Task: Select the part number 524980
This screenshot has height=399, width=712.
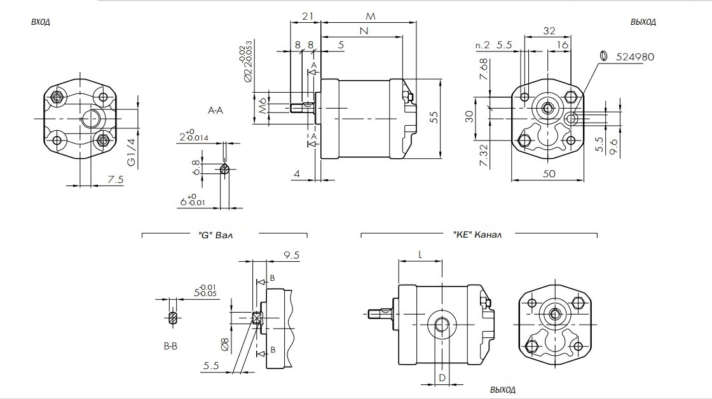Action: [635, 57]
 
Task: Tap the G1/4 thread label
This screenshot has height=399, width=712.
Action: [132, 153]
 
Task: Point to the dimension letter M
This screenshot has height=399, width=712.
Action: [371, 15]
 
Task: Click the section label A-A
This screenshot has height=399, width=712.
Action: [216, 111]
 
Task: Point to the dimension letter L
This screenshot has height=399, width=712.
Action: [420, 254]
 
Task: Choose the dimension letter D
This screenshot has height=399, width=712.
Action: [442, 378]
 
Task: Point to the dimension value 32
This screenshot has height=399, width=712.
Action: [549, 30]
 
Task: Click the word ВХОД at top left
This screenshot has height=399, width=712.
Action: [41, 22]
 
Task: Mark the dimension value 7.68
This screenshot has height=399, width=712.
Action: [484, 69]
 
